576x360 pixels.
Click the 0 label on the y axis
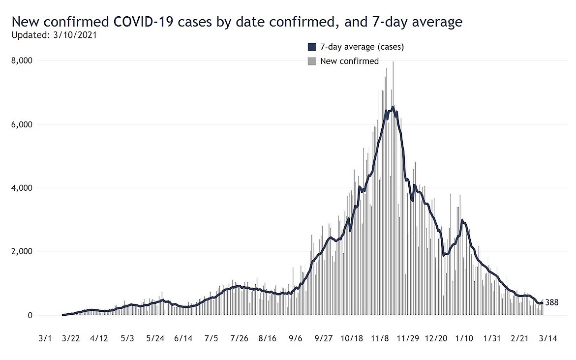[x=29, y=315]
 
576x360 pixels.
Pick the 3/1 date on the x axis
[x=44, y=339]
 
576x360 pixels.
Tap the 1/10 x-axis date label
[x=464, y=339]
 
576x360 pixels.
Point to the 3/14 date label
[x=547, y=339]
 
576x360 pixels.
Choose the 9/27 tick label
[x=323, y=339]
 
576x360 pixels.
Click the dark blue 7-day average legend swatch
[x=311, y=47]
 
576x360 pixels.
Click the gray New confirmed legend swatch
[x=311, y=61]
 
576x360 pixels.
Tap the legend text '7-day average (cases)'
[x=362, y=47]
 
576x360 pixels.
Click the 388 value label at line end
[x=552, y=302]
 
